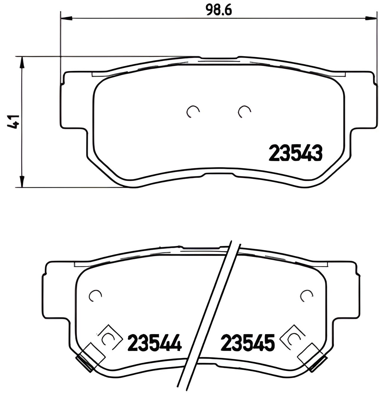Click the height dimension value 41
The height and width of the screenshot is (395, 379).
click(x=14, y=121)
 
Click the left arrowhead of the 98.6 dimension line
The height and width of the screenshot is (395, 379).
click(x=66, y=19)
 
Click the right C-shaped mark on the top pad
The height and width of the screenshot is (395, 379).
click(x=245, y=111)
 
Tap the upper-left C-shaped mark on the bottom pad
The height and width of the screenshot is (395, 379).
click(x=95, y=295)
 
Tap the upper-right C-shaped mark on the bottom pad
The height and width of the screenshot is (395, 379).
click(x=306, y=295)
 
